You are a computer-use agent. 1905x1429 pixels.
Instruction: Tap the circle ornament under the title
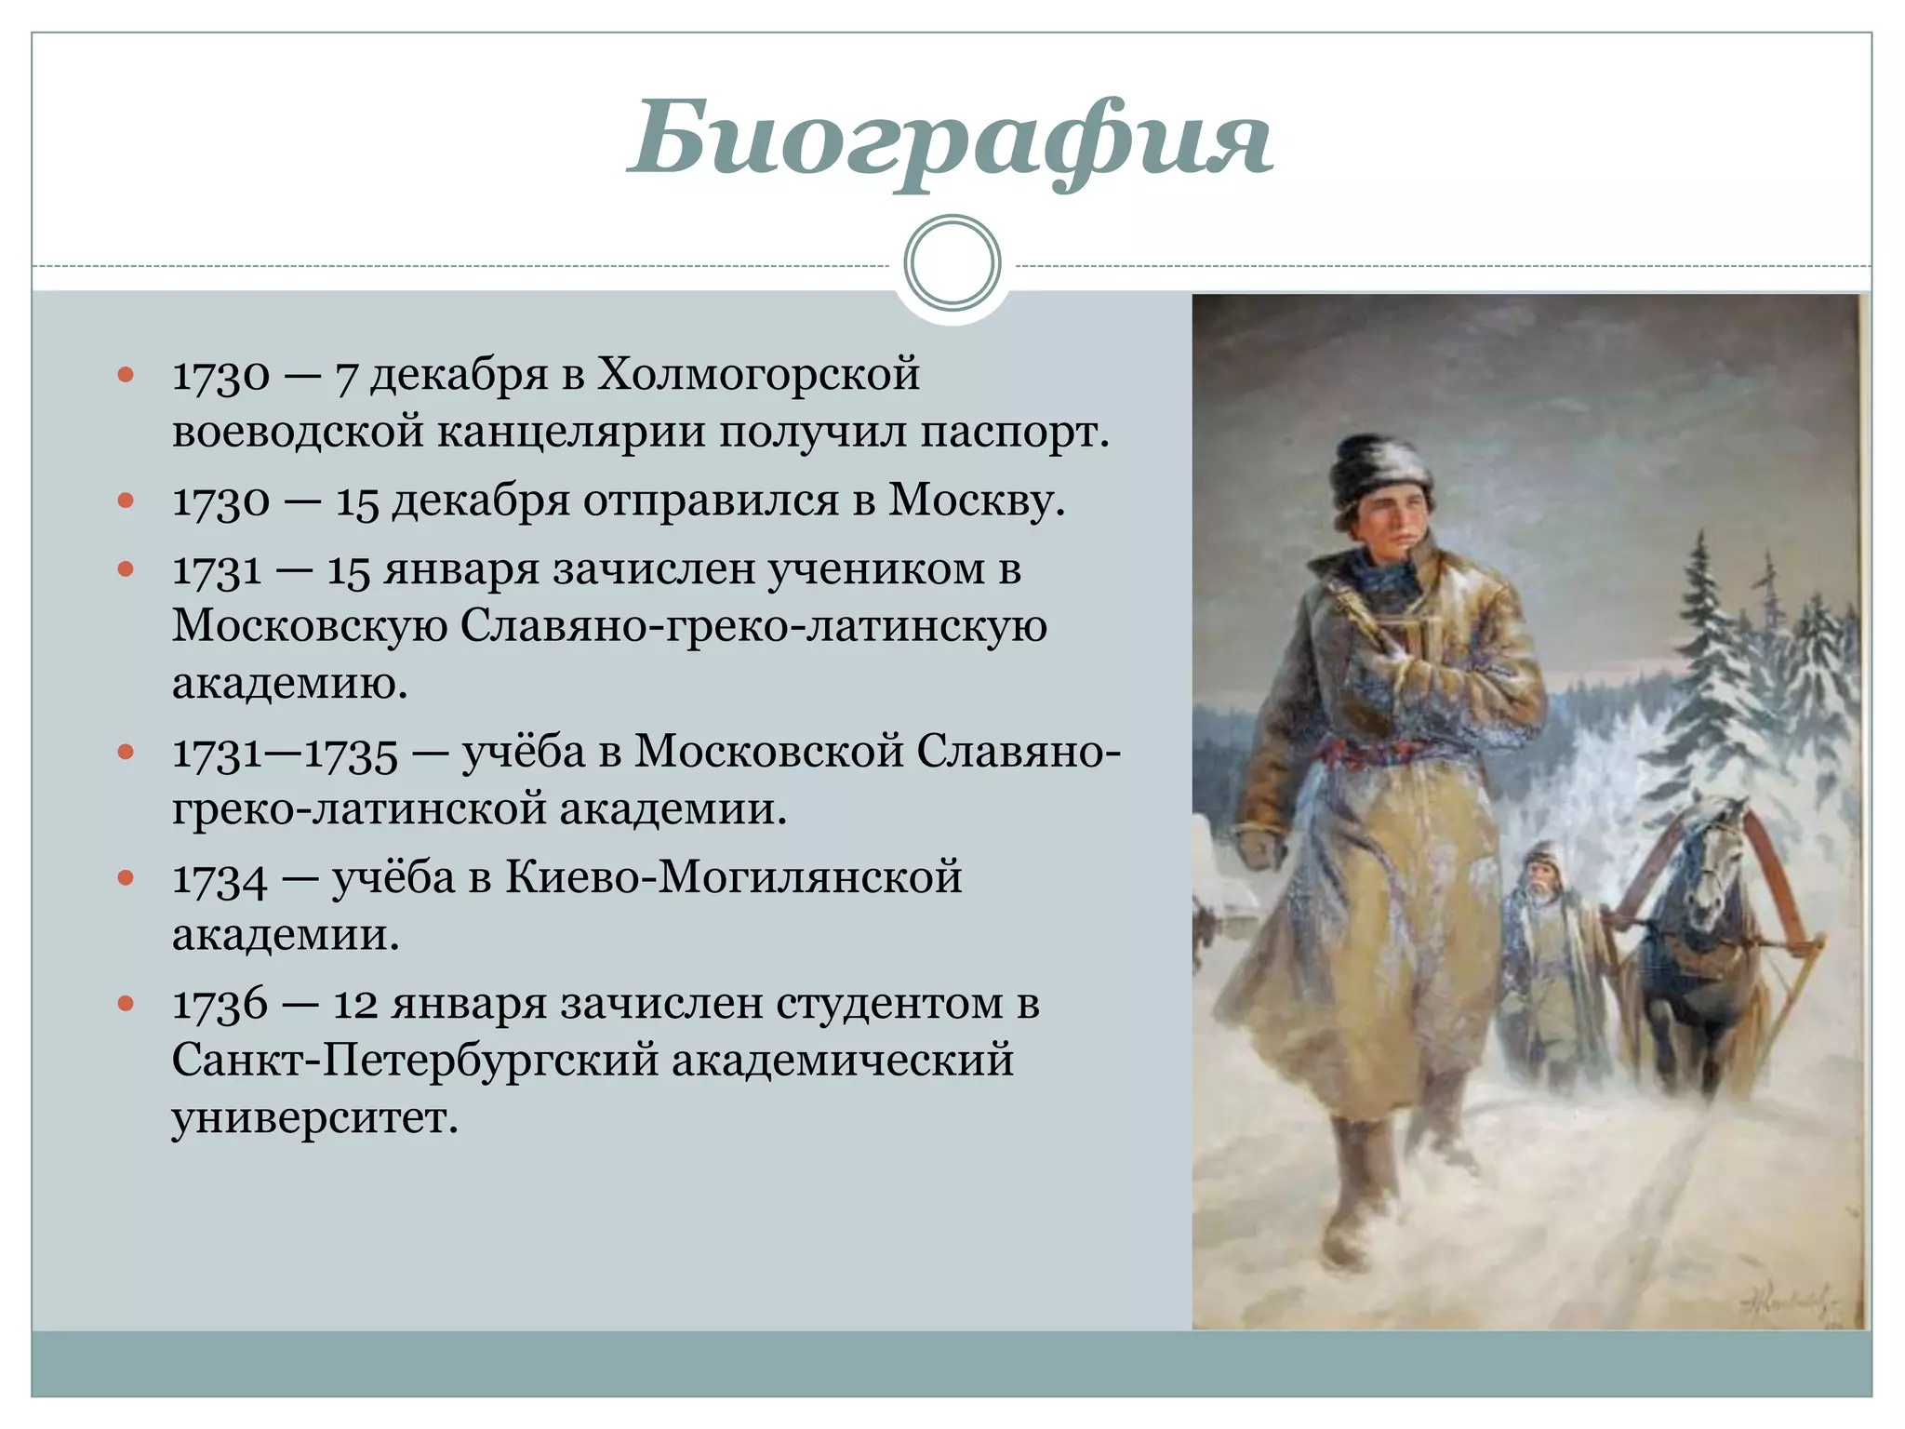[x=952, y=262]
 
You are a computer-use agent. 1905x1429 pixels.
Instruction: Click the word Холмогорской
[x=757, y=374]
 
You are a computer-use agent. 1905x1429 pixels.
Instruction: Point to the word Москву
[x=976, y=501]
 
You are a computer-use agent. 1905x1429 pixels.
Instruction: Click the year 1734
[x=220, y=878]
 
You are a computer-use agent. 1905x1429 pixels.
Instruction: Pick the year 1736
[x=220, y=1004]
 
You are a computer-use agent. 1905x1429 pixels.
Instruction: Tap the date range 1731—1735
[x=285, y=753]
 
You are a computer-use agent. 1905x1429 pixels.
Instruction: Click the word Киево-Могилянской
[x=733, y=877]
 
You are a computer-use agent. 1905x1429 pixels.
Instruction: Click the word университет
[x=314, y=1117]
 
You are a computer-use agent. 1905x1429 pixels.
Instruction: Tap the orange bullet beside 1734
[x=127, y=877]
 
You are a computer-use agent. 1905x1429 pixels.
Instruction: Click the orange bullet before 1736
[x=127, y=1003]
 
